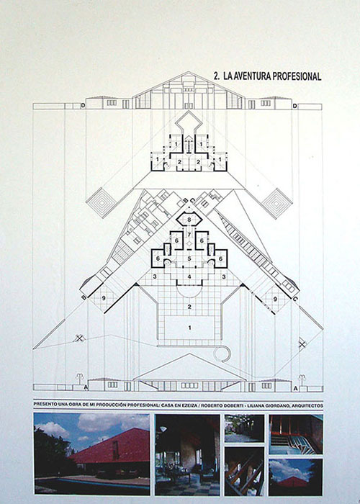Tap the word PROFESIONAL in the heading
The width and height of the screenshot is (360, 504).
[297, 76]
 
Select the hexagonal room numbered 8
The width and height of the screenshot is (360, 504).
[189, 220]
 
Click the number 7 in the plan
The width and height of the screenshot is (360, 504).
[189, 234]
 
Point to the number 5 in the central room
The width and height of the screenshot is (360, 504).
[189, 258]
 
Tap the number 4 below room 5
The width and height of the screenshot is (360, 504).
[189, 276]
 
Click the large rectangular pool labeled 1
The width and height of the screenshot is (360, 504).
[189, 327]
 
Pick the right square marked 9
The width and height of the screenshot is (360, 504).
[275, 298]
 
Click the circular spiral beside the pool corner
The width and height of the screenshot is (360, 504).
[222, 354]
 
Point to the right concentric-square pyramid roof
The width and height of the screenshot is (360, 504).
[276, 203]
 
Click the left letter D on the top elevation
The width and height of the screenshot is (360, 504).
[83, 106]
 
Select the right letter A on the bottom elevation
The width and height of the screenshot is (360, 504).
[296, 389]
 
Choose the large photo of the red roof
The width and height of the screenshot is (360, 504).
[91, 454]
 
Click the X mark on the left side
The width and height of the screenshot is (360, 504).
[79, 338]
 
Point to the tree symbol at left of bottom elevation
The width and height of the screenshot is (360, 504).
[79, 379]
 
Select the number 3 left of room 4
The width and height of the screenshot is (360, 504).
[155, 276]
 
